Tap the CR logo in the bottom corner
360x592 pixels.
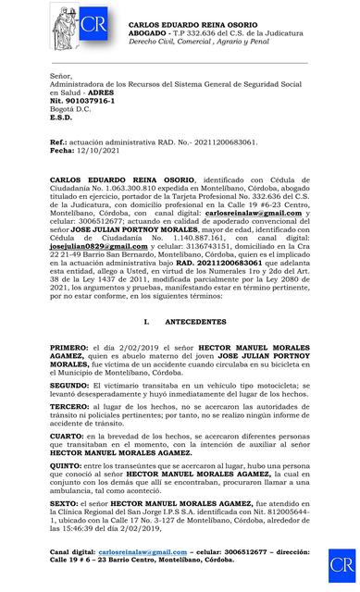pos(341,564)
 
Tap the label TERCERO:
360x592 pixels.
pos(70,407)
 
